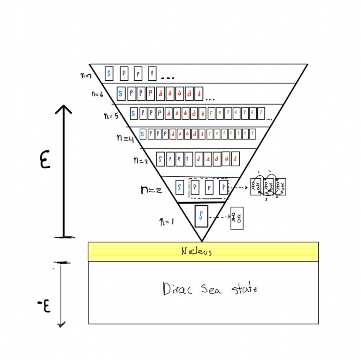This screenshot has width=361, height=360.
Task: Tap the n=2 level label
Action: point(151,190)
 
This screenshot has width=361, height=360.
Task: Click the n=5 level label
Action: point(111,116)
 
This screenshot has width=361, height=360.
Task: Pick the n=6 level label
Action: point(96,94)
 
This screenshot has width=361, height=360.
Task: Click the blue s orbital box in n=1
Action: point(201,216)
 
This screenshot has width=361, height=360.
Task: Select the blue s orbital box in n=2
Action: point(179,187)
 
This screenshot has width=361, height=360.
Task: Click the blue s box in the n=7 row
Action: point(109,73)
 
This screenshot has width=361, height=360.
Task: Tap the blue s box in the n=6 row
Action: point(121,93)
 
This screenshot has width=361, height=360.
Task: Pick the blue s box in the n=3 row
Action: point(160,158)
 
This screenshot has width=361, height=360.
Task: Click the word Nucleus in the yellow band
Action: point(196,252)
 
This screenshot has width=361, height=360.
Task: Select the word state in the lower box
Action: point(244,289)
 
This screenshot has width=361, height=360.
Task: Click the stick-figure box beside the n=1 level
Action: point(237,218)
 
